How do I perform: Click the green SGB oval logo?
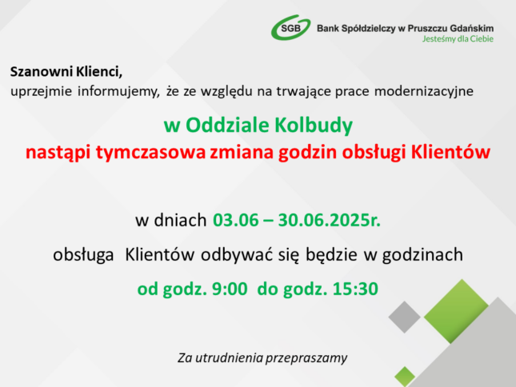click(291, 28)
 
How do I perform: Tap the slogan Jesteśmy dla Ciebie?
click(458, 39)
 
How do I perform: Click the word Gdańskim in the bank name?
click(471, 28)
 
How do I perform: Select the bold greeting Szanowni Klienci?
click(66, 72)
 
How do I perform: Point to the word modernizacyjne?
click(424, 91)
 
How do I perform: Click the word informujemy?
click(118, 91)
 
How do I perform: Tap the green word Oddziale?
click(227, 125)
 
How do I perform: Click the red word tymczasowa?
click(150, 153)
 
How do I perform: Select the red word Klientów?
click(451, 152)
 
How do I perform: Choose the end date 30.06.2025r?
click(330, 220)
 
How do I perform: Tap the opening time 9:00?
click(230, 289)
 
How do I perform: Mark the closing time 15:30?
click(356, 289)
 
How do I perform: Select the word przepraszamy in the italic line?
click(306, 358)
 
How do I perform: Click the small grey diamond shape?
click(405, 317)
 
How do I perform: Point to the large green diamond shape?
click(456, 311)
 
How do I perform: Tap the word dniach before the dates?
click(180, 220)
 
